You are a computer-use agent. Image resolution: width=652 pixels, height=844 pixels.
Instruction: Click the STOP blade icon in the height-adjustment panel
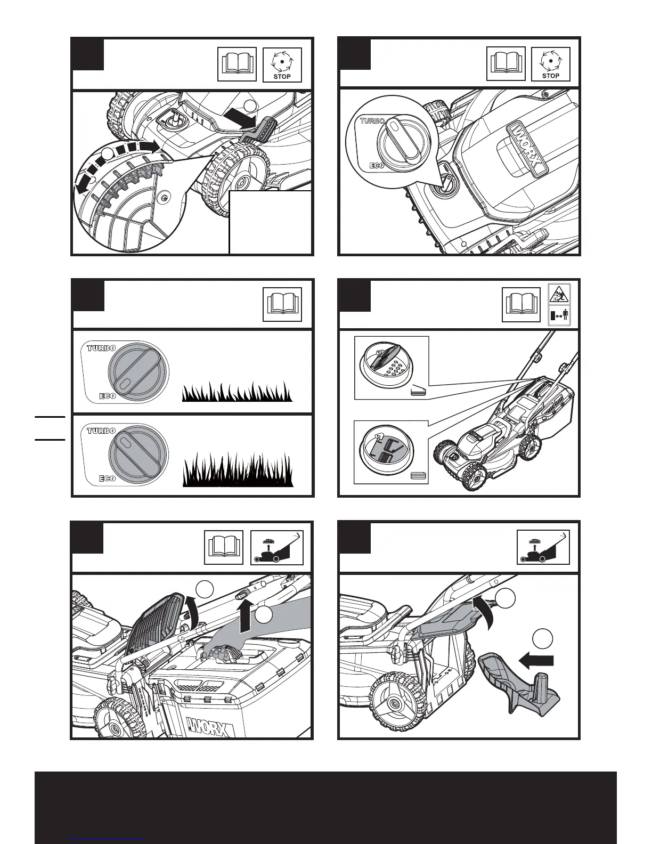point(282,64)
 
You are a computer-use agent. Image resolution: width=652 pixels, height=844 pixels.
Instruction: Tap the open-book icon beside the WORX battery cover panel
point(506,64)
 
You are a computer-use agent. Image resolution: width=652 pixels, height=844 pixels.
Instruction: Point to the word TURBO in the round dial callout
point(372,120)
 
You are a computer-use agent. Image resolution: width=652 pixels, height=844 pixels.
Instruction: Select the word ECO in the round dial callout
point(376,166)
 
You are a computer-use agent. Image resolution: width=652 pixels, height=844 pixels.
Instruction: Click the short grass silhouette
point(237,391)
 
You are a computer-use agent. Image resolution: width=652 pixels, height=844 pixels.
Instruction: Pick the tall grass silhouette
point(238,469)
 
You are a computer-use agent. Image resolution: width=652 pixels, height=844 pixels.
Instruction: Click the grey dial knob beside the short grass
point(138,372)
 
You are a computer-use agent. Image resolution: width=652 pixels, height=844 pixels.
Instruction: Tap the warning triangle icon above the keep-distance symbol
point(559,295)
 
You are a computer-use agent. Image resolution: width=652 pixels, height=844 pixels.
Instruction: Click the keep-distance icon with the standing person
point(559,316)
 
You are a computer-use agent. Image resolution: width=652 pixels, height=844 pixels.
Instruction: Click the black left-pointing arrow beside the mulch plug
point(536,661)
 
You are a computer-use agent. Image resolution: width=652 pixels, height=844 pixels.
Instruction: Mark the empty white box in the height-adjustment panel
point(270,222)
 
